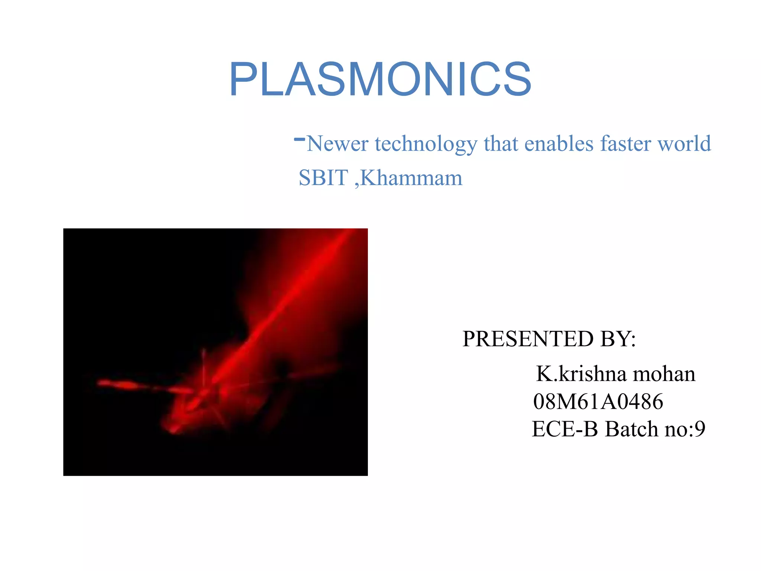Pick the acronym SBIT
324,178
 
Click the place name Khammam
411,178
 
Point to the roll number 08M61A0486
598,401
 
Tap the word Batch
631,429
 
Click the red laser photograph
216,352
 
